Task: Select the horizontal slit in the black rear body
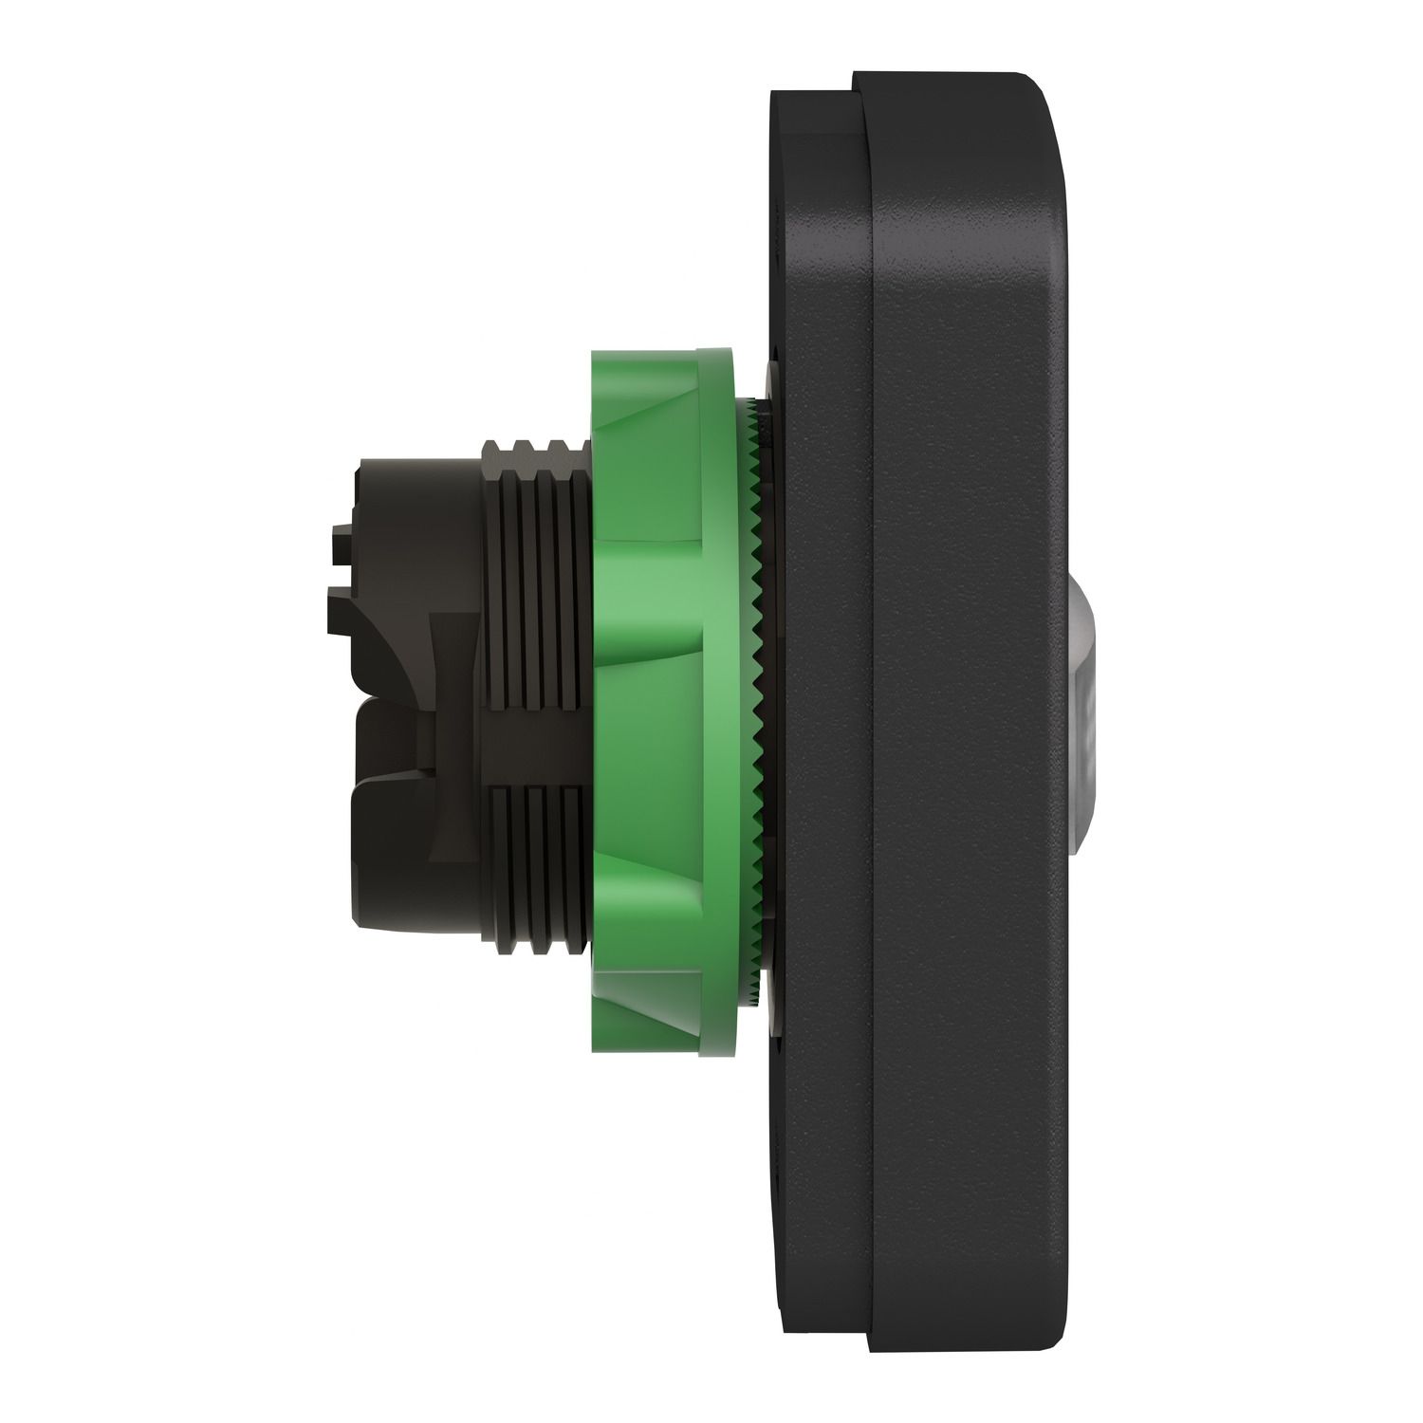pyautogui.click(x=398, y=703)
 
